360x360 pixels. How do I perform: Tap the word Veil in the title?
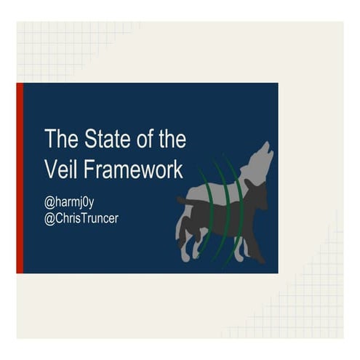tap(61, 169)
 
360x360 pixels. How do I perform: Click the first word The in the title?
tap(57, 138)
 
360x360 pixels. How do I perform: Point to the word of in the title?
tap(135, 138)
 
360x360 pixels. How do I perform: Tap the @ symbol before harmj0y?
tap(49, 200)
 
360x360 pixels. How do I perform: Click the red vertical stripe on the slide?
tap(20, 178)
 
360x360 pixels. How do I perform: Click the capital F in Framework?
tap(89, 169)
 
